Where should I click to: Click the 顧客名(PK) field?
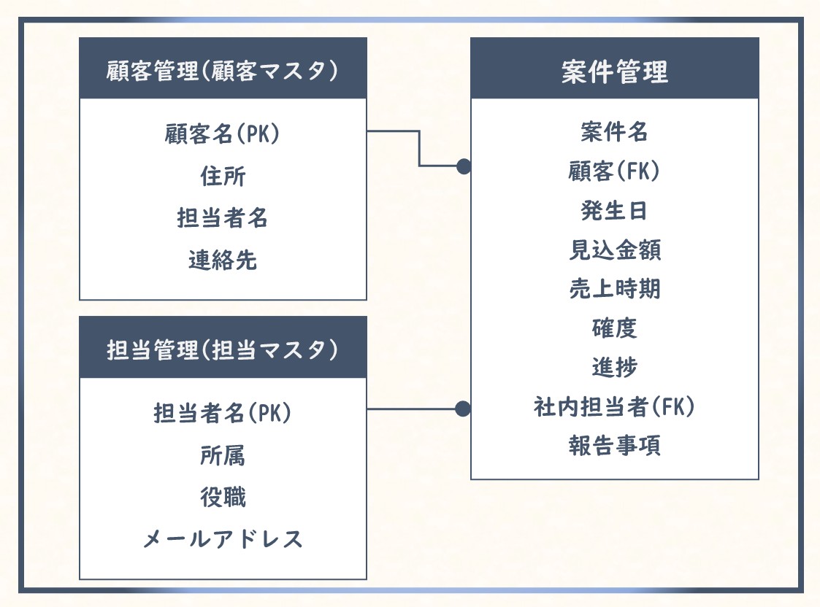point(223,134)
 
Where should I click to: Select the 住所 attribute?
point(223,176)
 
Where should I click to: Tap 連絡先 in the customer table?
point(223,260)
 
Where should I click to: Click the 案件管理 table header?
point(614,72)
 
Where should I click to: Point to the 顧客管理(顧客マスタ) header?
point(223,72)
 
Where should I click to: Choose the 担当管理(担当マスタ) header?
point(223,349)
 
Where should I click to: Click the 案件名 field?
point(614,132)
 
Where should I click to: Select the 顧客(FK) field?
point(614,171)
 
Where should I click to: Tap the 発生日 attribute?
point(614,211)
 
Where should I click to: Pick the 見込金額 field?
point(614,250)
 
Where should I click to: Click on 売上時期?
point(614,289)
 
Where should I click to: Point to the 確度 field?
point(614,328)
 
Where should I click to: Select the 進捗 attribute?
point(614,367)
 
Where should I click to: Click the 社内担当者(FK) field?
point(614,406)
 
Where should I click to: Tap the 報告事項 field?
point(614,445)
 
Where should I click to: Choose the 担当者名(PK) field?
point(223,413)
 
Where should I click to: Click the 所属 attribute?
point(223,455)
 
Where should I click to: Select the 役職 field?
point(223,498)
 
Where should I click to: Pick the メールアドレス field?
point(223,539)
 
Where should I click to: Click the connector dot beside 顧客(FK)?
point(463,166)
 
